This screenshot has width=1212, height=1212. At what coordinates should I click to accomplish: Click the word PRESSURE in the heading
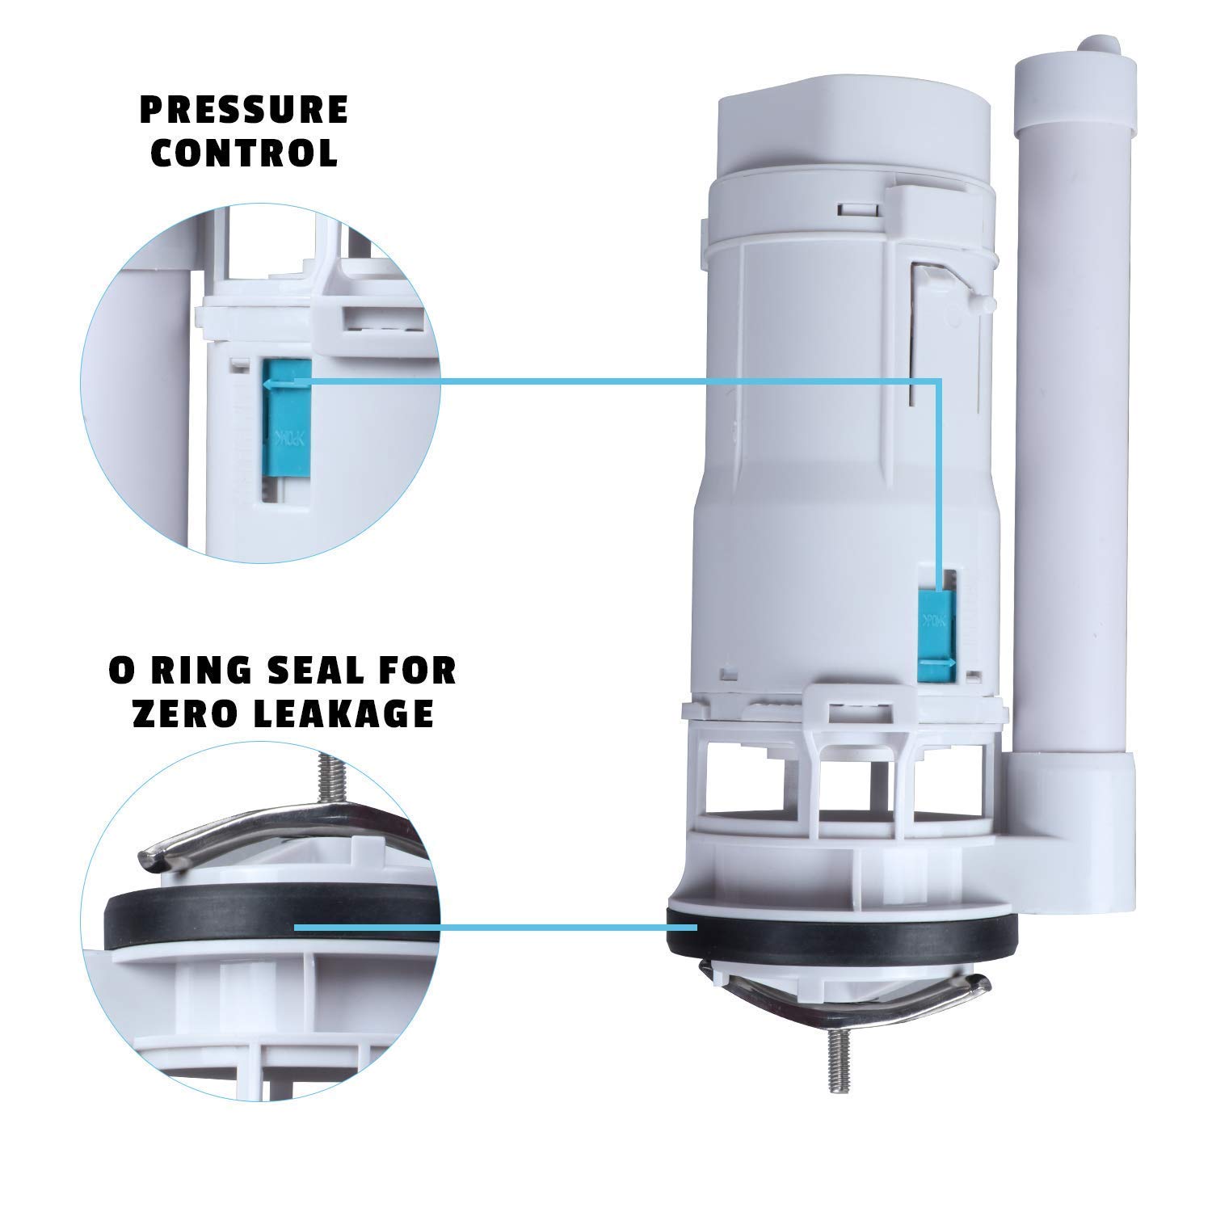tap(244, 110)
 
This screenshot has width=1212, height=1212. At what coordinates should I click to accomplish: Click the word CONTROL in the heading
tap(244, 154)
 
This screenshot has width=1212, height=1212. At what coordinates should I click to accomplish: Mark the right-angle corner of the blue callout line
tap(939, 378)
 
